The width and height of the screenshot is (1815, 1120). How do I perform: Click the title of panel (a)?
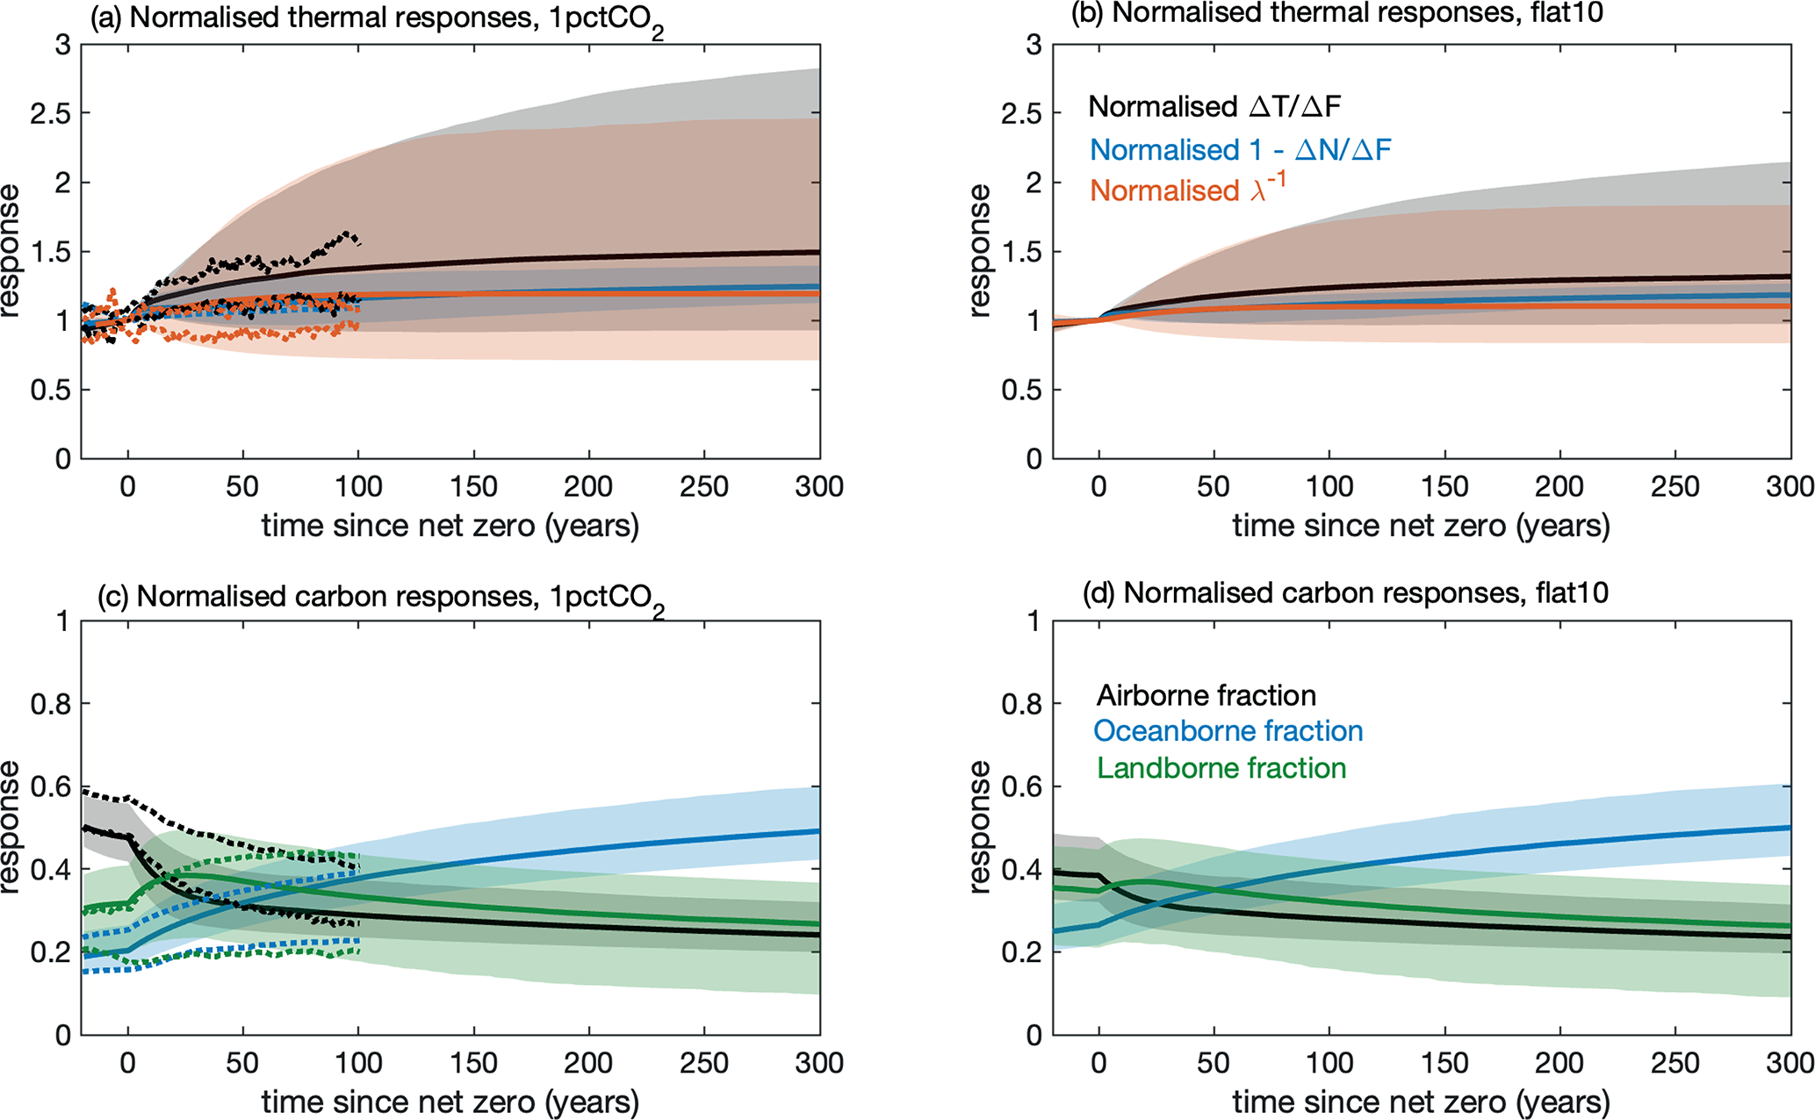point(377,19)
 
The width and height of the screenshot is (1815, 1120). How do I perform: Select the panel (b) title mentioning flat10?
point(1336,13)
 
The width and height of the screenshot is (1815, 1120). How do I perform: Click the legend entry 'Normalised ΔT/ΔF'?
point(1214,107)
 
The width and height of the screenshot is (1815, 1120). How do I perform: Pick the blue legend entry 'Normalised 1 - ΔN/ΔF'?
point(1240,150)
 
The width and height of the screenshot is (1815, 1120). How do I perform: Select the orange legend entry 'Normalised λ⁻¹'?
point(1187,190)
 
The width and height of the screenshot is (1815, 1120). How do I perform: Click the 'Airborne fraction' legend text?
point(1206,696)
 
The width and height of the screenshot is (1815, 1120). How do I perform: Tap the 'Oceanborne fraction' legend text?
point(1228,731)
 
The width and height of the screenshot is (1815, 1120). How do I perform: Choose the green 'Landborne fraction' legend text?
point(1221,769)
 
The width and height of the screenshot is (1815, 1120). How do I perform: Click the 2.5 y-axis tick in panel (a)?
point(51,113)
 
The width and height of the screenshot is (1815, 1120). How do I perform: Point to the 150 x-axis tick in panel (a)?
point(473,487)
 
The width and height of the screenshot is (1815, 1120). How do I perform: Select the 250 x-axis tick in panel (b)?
point(1675,487)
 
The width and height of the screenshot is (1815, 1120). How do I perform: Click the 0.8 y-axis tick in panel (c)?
point(51,704)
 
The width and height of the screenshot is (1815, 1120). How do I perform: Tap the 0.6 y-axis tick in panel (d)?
point(1022,786)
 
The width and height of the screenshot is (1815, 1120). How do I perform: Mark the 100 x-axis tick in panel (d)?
point(1329,1064)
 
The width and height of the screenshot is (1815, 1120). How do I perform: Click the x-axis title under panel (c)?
point(450,1102)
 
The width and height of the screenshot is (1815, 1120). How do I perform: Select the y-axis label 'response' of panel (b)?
point(980,250)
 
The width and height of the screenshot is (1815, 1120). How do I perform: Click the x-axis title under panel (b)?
point(1421,526)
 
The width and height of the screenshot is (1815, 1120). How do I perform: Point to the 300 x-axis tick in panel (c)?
point(818,1064)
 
